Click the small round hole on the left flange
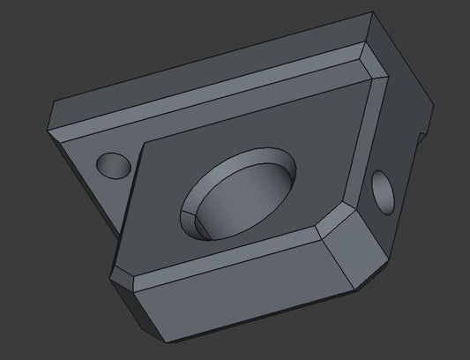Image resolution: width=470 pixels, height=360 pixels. click(113, 164)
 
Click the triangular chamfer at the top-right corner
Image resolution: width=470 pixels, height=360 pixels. click(374, 63)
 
